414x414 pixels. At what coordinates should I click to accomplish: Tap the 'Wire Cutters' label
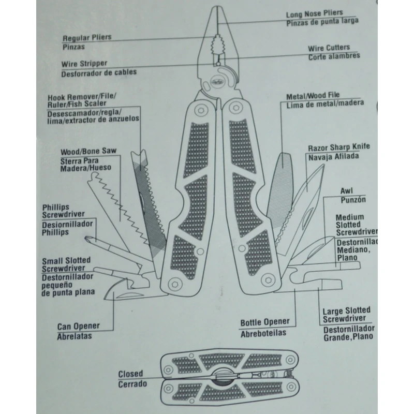329,48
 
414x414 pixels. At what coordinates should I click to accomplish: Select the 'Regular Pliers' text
87,38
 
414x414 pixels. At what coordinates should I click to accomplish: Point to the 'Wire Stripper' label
84,64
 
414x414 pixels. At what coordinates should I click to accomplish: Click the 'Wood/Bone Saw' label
89,152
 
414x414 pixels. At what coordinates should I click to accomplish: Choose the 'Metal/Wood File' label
313,96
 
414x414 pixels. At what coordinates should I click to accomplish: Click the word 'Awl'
346,190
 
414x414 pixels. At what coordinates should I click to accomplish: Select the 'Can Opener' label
78,327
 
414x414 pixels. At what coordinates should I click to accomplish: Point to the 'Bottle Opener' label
264,323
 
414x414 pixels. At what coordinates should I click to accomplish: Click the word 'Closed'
130,374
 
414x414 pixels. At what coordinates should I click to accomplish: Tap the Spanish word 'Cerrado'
132,384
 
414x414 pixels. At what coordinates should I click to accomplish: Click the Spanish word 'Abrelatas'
74,336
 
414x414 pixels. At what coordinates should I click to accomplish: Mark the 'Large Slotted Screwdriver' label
346,315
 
